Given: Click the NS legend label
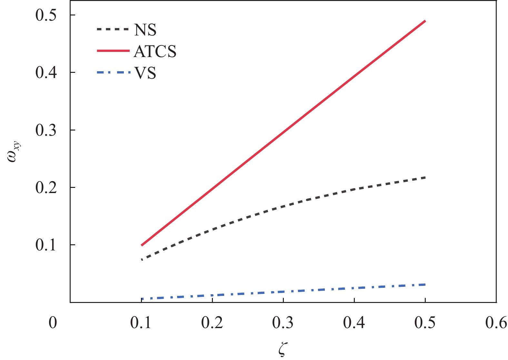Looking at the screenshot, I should (145, 30).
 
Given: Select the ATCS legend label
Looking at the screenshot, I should (155, 52).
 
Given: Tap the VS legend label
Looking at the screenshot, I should (145, 73).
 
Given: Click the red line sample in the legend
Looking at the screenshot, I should (113, 51).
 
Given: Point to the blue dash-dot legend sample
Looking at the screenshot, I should (113, 73).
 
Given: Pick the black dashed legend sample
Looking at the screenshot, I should (113, 29).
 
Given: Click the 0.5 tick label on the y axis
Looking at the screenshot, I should (46, 15).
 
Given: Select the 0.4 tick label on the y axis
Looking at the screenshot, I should (46, 73).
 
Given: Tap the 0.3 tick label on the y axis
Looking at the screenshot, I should (46, 130).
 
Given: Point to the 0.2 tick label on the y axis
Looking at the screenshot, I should (46, 188).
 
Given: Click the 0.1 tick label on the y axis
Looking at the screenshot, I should (46, 245).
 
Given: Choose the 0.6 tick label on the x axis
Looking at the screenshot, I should (496, 323).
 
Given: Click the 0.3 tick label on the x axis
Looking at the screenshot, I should (283, 323).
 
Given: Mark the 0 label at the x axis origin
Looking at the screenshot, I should (53, 323).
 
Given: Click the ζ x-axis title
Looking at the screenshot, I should (283, 350).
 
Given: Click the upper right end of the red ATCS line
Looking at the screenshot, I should (425, 21).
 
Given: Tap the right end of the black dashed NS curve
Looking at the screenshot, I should (425, 178).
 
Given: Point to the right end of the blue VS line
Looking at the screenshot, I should (425, 284).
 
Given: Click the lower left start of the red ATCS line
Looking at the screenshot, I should (142, 245).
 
